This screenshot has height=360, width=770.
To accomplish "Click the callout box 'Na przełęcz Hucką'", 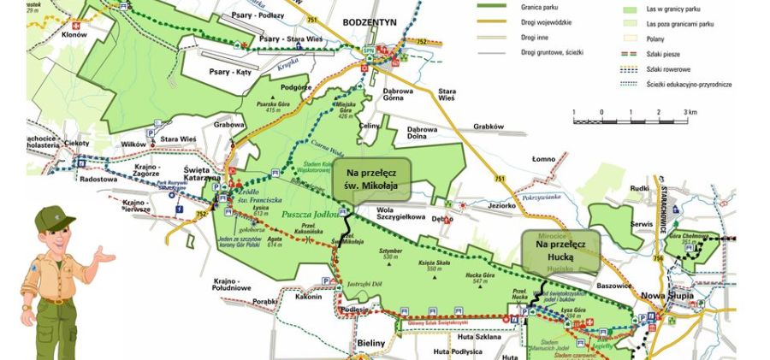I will (x=560, y=250).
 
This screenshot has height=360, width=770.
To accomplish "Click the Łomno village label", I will (x=544, y=158).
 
